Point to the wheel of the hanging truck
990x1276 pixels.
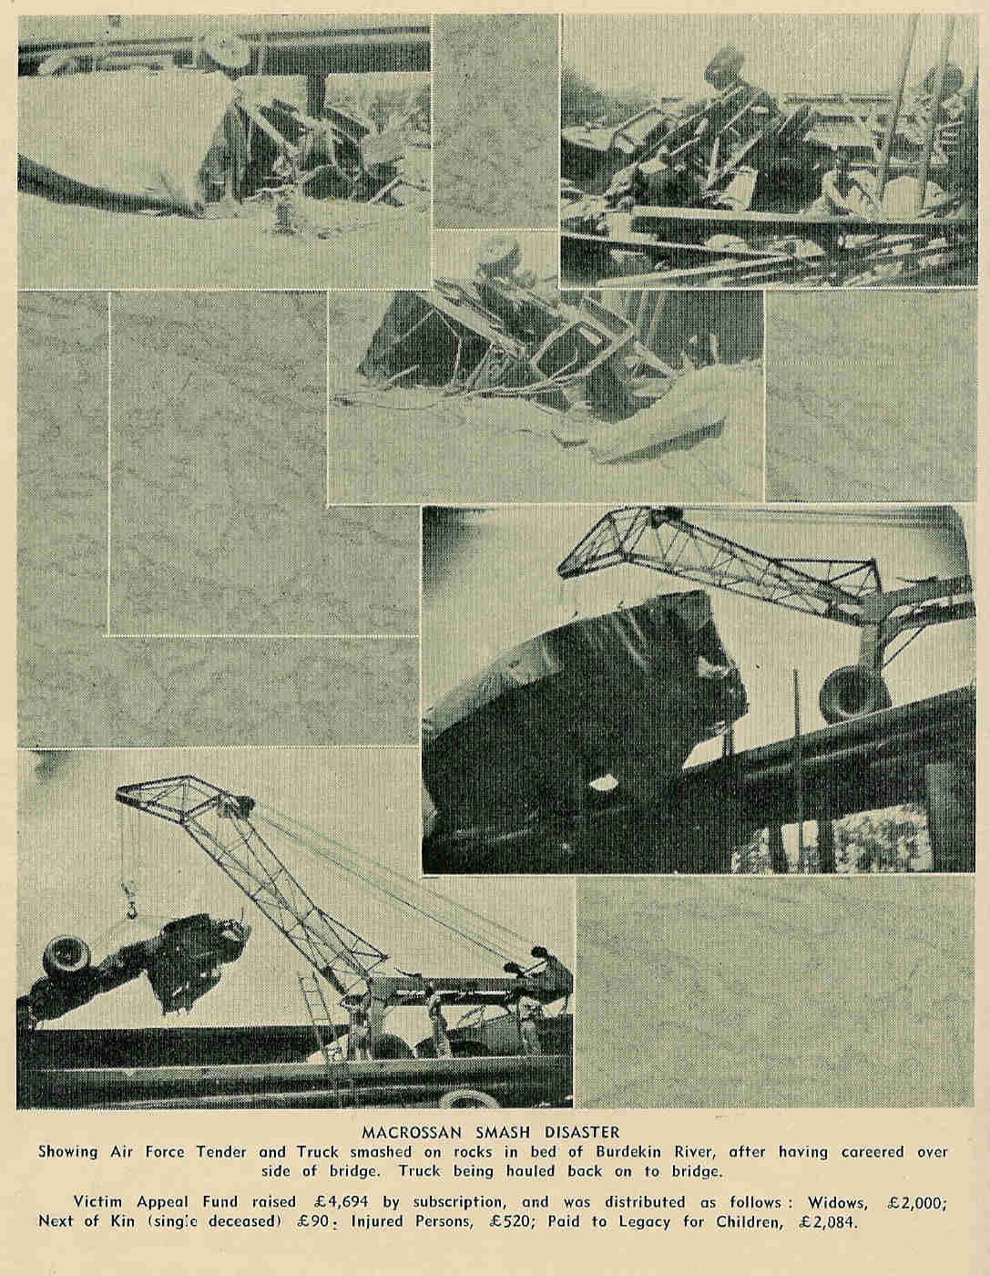[x=65, y=956]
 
